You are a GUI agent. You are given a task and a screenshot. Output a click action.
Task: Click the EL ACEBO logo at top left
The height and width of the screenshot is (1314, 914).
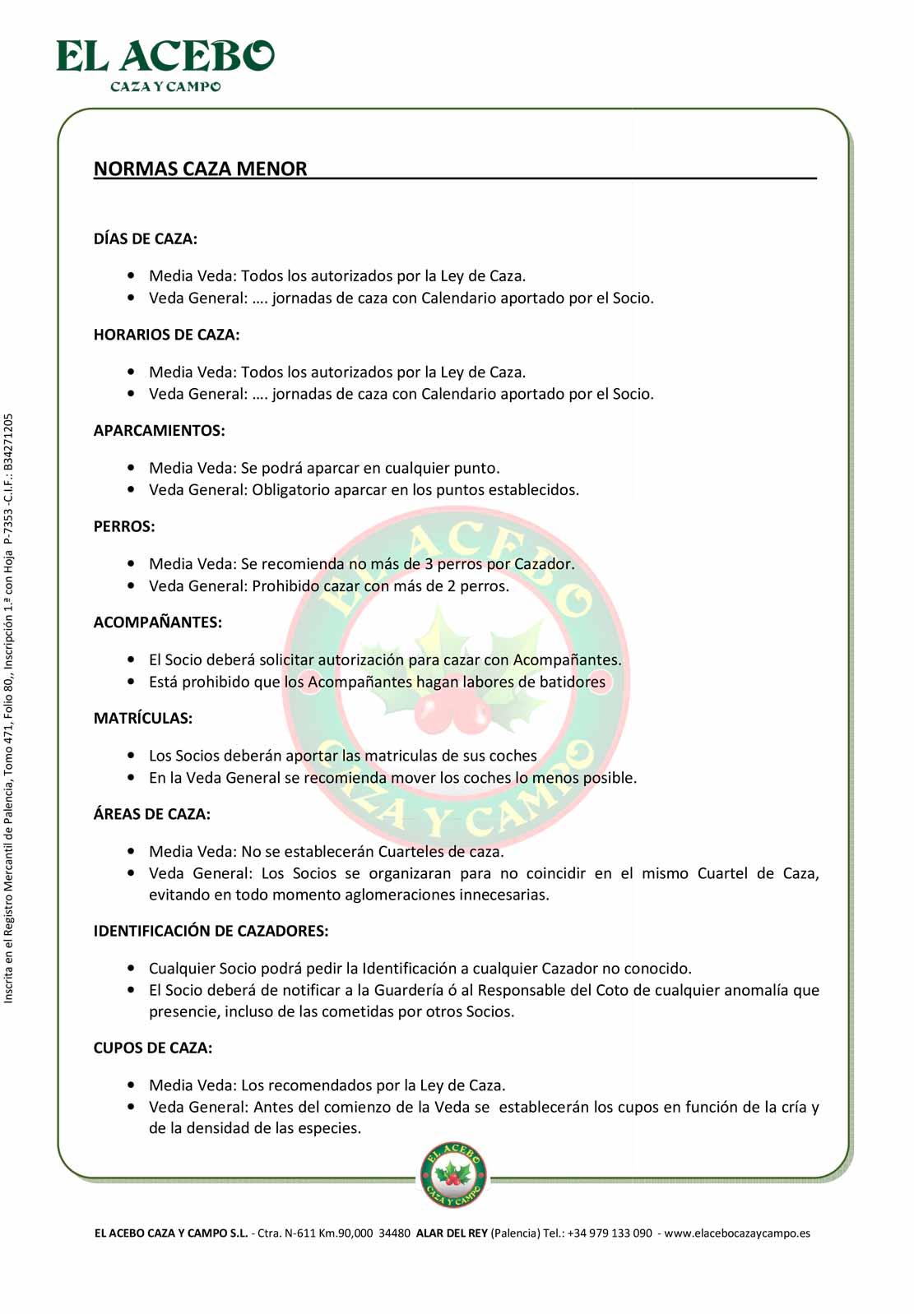point(165,64)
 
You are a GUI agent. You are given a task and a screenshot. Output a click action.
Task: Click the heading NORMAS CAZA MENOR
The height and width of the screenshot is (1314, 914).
point(200,169)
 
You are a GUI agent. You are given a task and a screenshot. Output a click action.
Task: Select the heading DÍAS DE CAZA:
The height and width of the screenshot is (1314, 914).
point(145,239)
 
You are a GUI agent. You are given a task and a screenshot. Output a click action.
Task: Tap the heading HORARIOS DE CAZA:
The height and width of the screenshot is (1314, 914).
point(166,335)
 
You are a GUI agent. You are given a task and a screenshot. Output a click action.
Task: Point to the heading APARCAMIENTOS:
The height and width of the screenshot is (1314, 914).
point(159,431)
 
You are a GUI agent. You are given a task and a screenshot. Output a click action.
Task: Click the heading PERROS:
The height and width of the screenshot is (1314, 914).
point(124,526)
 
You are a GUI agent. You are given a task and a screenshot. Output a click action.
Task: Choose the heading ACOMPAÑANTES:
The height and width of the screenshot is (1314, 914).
point(157,622)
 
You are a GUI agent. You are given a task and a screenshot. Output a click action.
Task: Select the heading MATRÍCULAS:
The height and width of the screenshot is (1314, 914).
point(142,719)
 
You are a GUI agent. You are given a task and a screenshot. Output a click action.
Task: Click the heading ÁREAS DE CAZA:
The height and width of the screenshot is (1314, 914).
point(151,814)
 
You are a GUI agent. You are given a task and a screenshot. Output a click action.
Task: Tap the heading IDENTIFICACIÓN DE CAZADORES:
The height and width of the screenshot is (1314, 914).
point(211,931)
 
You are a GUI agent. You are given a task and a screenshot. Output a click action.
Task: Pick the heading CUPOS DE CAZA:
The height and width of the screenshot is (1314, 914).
point(152,1048)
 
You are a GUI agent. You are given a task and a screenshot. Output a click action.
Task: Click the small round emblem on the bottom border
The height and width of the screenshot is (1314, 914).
point(453,1175)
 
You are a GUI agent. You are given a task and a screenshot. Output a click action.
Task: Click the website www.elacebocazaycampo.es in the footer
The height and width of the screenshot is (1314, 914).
point(737,1233)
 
